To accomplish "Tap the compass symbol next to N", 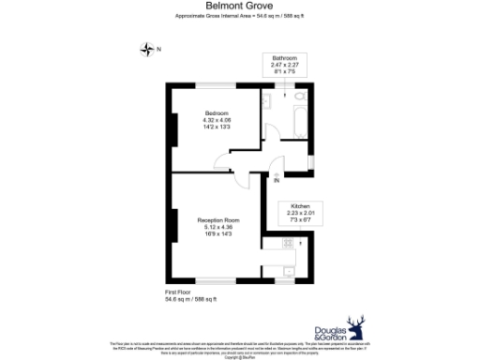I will click(147, 49).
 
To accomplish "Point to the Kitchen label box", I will click(300, 212).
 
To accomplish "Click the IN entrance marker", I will click(277, 179).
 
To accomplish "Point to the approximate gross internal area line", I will click(239, 17).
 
